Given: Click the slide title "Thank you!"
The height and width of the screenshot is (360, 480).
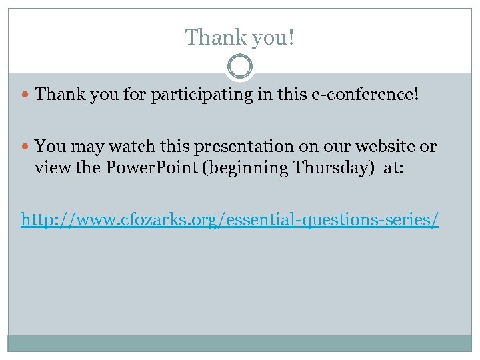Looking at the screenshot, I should [x=239, y=37].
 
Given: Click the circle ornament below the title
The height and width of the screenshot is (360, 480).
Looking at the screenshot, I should [x=239, y=67].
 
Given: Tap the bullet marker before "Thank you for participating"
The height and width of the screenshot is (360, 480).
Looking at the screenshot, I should [x=27, y=95].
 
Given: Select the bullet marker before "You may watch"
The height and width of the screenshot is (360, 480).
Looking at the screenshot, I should [x=27, y=146].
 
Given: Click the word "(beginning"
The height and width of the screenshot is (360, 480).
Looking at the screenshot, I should [x=247, y=168].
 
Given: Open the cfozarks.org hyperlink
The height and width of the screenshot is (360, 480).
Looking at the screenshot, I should [x=230, y=219].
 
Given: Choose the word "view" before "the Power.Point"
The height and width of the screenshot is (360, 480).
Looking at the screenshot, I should [x=51, y=167].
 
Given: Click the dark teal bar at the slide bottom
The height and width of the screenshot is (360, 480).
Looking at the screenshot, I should [x=239, y=343].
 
